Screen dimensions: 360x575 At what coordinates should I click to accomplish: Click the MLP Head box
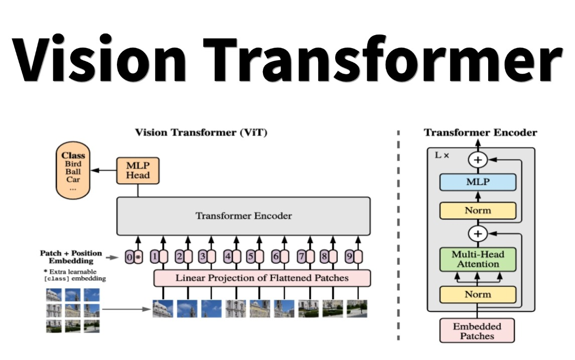pyautogui.click(x=137, y=170)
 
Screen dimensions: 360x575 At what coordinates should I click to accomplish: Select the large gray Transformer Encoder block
pyautogui.click(x=243, y=216)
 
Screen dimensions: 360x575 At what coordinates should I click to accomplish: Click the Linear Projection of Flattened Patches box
pyautogui.click(x=261, y=278)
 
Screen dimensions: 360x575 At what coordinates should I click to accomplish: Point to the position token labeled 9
pyautogui.click(x=353, y=257)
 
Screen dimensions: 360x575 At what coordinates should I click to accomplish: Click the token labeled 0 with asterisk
pyautogui.click(x=133, y=257)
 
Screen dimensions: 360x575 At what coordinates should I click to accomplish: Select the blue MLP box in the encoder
pyautogui.click(x=478, y=182)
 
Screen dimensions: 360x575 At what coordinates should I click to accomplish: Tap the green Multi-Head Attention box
pyautogui.click(x=478, y=259)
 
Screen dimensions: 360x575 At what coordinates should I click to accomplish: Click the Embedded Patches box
pyautogui.click(x=478, y=331)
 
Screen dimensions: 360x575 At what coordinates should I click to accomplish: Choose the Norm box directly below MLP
pyautogui.click(x=478, y=211)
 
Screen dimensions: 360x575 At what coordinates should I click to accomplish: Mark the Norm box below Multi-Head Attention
pyautogui.click(x=478, y=295)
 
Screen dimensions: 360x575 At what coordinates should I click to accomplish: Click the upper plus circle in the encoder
pyautogui.click(x=478, y=160)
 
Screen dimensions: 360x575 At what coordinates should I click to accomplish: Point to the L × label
pyautogui.click(x=442, y=156)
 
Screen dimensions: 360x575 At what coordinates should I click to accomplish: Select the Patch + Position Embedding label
pyautogui.click(x=71, y=257)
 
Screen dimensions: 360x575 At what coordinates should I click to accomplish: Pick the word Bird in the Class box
pyautogui.click(x=73, y=164)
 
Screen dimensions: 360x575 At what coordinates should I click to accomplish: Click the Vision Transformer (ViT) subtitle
pyautogui.click(x=201, y=133)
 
